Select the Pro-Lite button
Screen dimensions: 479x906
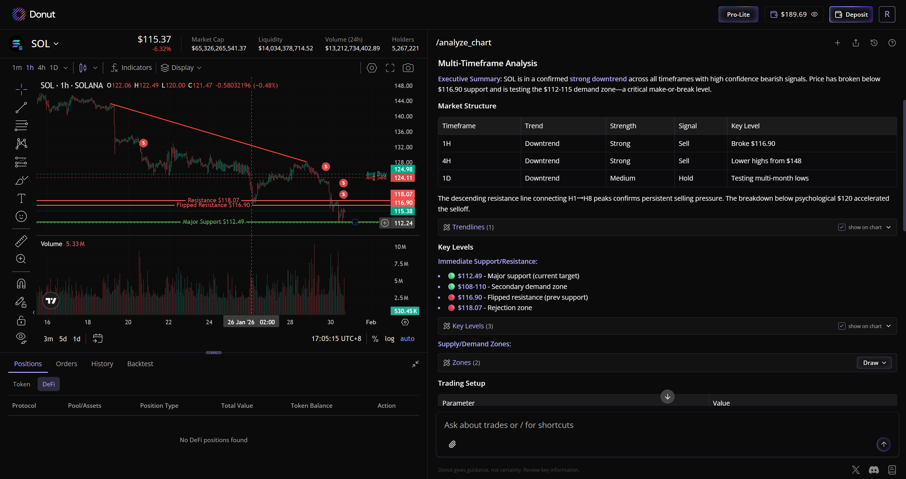[738, 14]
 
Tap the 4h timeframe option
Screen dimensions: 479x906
[42, 67]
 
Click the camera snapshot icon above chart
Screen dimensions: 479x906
[408, 67]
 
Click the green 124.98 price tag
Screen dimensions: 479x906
[403, 169]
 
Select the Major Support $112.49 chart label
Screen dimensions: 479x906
[213, 222]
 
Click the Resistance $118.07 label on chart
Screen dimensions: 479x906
[213, 200]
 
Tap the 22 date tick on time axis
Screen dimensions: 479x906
[169, 322]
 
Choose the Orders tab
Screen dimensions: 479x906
[66, 364]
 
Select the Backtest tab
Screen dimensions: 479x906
[140, 364]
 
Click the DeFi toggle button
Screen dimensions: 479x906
[49, 384]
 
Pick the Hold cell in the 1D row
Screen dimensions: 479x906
[685, 178]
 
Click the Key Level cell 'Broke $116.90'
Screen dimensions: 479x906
[753, 144]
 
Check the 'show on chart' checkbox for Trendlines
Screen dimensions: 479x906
[842, 227]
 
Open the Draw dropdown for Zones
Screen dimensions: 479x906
[874, 363]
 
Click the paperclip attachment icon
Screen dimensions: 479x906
[452, 444]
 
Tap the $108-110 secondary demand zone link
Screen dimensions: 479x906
[472, 286]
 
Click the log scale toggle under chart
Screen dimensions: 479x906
[389, 338]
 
